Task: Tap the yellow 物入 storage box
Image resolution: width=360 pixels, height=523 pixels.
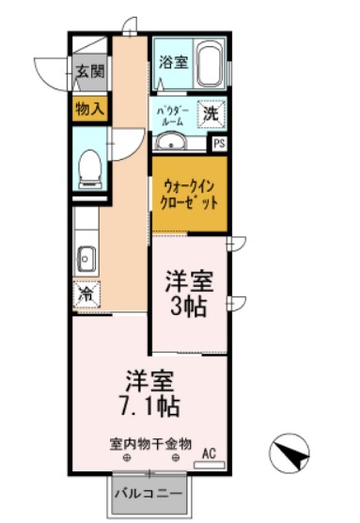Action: point(90,110)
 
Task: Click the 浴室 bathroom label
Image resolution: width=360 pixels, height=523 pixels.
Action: point(172,64)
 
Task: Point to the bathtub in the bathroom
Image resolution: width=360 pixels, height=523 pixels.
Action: point(209,64)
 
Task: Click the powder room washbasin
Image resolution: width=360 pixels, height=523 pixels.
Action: point(171,142)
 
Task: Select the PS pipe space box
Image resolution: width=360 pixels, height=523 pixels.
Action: point(219,143)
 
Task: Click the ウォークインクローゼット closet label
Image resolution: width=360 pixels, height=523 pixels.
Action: point(190,194)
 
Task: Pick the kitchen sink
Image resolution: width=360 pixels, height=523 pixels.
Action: point(86,256)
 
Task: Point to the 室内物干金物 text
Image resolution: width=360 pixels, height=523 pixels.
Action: point(150,442)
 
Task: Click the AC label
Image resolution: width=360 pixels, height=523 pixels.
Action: point(211,453)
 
